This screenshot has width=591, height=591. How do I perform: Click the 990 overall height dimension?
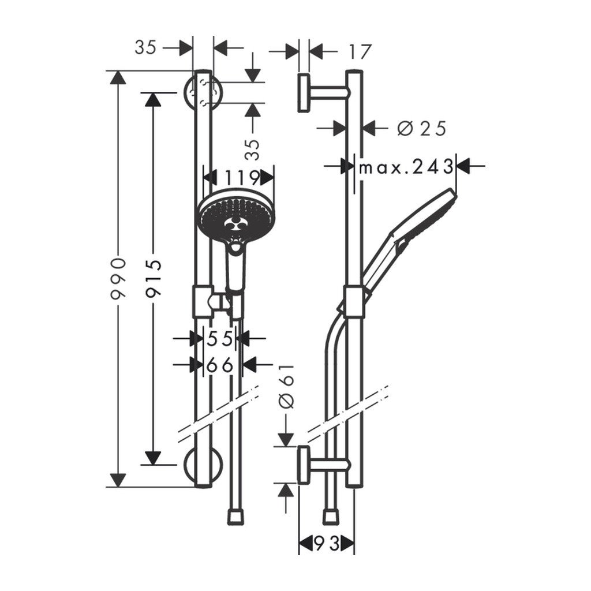118,279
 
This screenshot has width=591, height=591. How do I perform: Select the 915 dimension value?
154,278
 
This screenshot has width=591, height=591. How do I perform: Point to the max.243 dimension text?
406,167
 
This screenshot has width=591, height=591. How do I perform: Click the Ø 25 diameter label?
422,128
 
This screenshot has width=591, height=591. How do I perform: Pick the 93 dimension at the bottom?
326,543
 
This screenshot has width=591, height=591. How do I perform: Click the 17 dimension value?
358,52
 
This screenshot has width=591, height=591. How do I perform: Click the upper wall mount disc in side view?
304,92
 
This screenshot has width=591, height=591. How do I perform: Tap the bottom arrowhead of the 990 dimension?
118,480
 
